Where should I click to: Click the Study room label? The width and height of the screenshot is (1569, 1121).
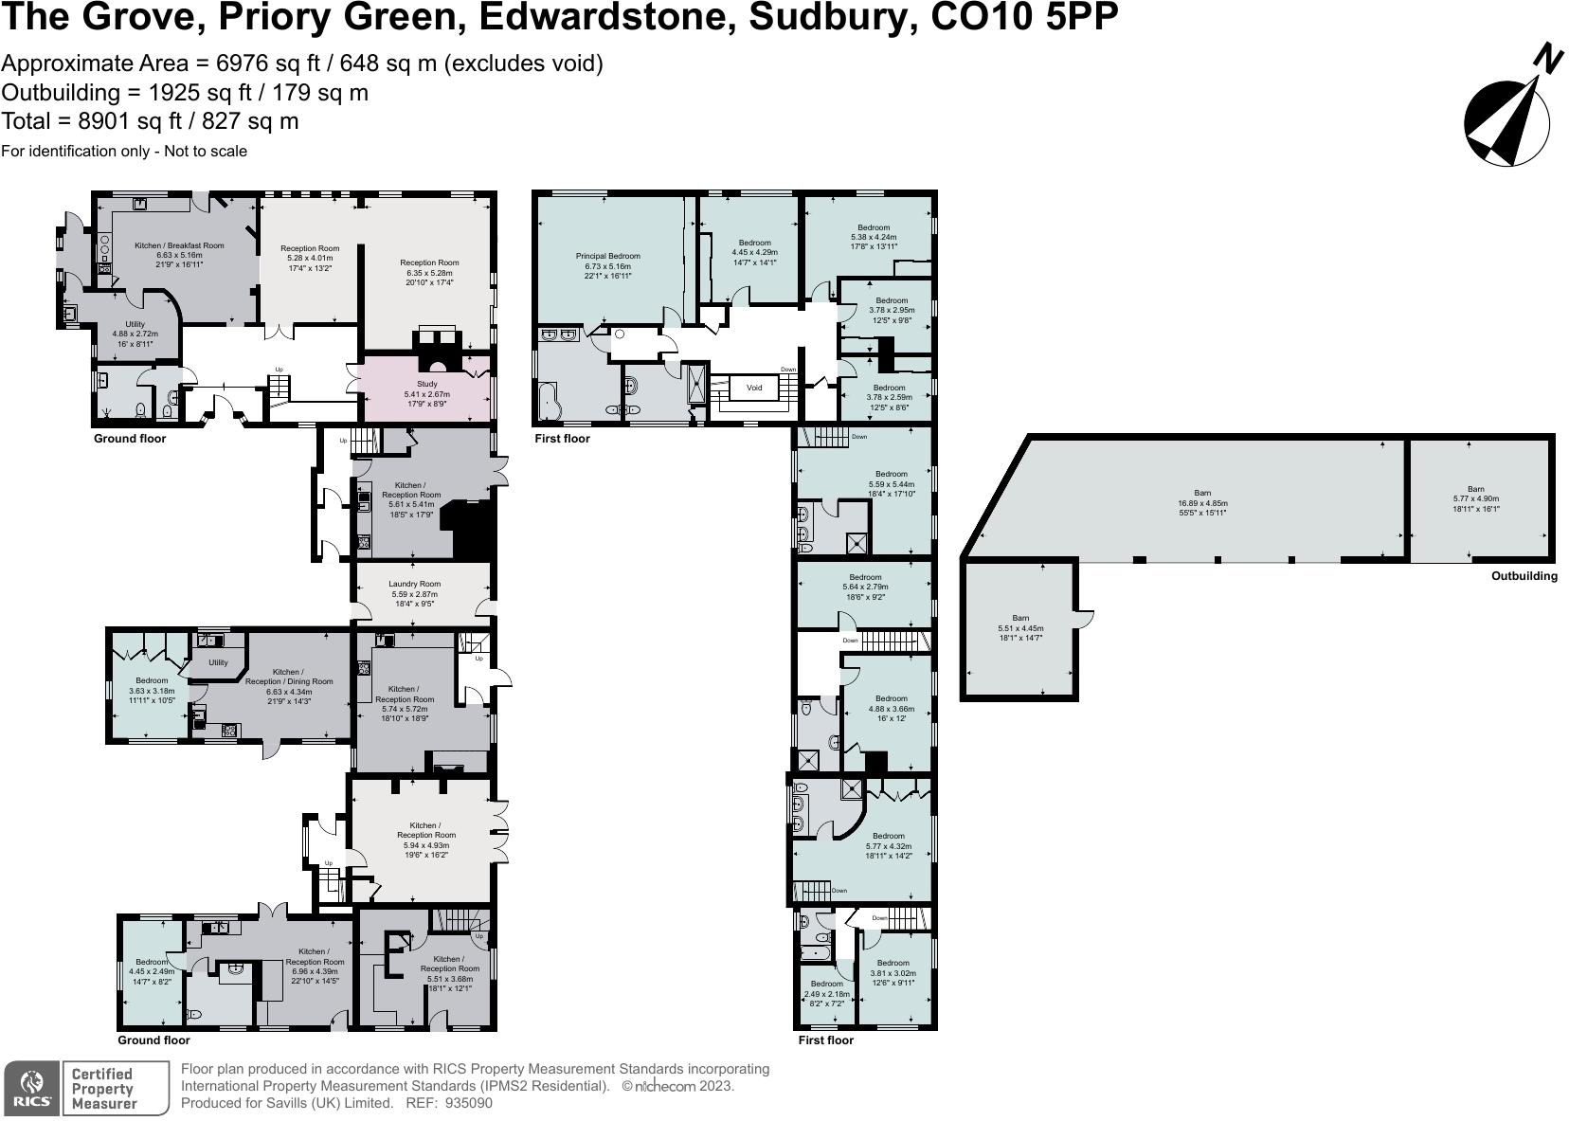click(x=426, y=393)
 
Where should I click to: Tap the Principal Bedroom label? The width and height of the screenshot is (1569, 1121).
click(x=607, y=266)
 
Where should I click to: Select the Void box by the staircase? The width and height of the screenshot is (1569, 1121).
click(x=754, y=388)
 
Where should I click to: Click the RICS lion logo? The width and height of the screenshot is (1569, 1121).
click(x=33, y=1088)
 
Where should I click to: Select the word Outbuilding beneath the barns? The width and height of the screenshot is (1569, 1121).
click(x=1524, y=576)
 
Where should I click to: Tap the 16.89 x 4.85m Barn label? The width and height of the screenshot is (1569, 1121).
click(x=1201, y=503)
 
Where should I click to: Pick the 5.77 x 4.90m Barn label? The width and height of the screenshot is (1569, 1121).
click(x=1475, y=499)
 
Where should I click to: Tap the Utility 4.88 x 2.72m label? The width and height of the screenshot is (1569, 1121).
click(x=135, y=334)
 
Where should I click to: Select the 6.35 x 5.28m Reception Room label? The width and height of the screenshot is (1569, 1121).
click(x=429, y=272)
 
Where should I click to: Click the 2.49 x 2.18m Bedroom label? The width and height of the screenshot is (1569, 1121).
click(x=826, y=993)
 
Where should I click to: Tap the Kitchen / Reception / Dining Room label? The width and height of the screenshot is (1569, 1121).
click(x=288, y=681)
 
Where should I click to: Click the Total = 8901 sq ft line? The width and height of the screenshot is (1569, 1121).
click(x=150, y=121)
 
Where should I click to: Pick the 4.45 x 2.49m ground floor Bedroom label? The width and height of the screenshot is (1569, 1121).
click(x=151, y=971)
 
